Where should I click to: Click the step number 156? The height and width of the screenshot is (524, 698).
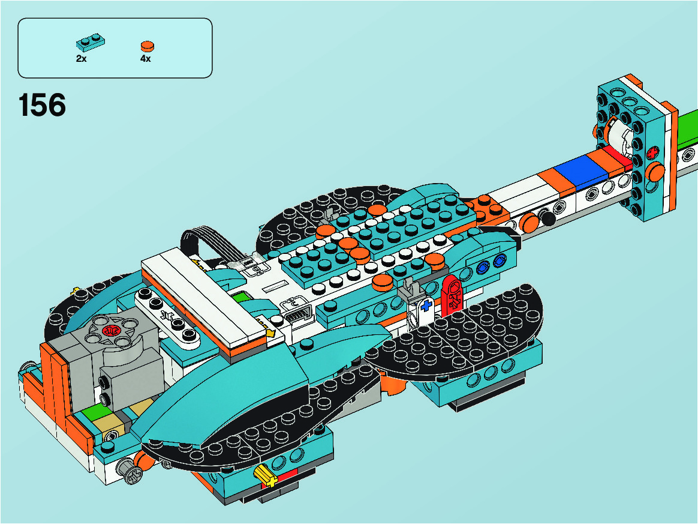[43, 106]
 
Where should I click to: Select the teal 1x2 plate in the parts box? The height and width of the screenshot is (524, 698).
[91, 43]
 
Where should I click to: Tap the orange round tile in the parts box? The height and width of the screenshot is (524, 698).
[148, 46]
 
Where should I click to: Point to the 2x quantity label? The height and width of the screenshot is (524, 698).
[81, 58]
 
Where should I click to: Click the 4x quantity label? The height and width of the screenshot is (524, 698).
[146, 58]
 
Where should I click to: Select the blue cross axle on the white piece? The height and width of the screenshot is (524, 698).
[426, 306]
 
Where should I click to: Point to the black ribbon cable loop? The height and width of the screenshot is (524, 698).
[207, 243]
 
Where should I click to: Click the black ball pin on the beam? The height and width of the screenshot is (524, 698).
[547, 218]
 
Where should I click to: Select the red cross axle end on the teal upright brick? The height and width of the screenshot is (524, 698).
[654, 153]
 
